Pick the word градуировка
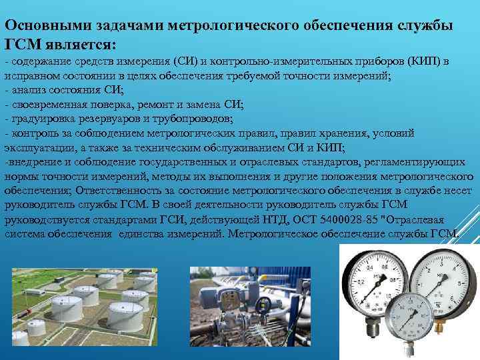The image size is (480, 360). (x=40, y=119)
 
